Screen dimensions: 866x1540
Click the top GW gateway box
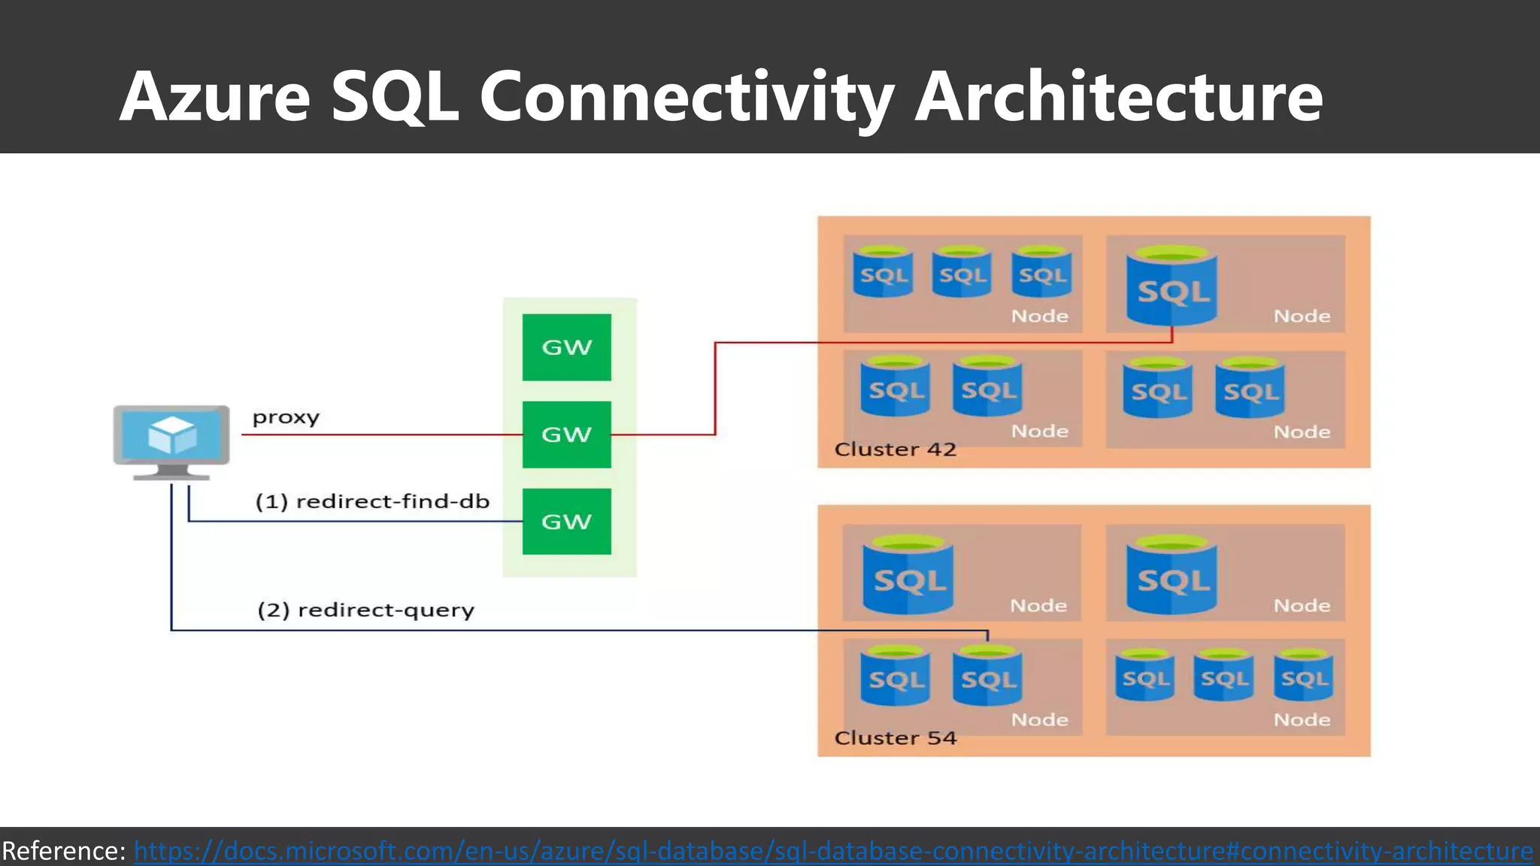pyautogui.click(x=566, y=347)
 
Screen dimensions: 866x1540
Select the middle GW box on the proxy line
pyautogui.click(x=566, y=435)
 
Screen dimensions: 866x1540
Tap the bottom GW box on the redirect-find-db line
pyautogui.click(x=566, y=522)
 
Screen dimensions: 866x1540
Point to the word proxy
pyautogui.click(x=286, y=417)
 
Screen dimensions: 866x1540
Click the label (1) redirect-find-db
pyautogui.click(x=372, y=501)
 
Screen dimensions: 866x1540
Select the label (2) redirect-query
pyautogui.click(x=365, y=610)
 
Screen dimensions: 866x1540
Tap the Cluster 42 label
pyautogui.click(x=895, y=450)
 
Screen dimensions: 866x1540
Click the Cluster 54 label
pyautogui.click(x=895, y=738)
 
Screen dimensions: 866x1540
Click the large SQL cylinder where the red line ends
pyautogui.click(x=1172, y=286)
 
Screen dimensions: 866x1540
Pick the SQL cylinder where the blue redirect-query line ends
pyautogui.click(x=987, y=677)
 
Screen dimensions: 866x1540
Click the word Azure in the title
pyautogui.click(x=215, y=96)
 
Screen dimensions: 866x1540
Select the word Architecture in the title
pyautogui.click(x=1118, y=96)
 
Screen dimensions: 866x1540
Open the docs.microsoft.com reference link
pyautogui.click(x=833, y=851)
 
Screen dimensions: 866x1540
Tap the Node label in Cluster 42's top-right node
pyautogui.click(x=1302, y=316)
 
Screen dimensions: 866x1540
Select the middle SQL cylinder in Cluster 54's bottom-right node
pyautogui.click(x=1223, y=676)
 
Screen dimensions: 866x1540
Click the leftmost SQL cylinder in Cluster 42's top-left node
pyautogui.click(x=884, y=272)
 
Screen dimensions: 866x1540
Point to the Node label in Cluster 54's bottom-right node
pyautogui.click(x=1302, y=720)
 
